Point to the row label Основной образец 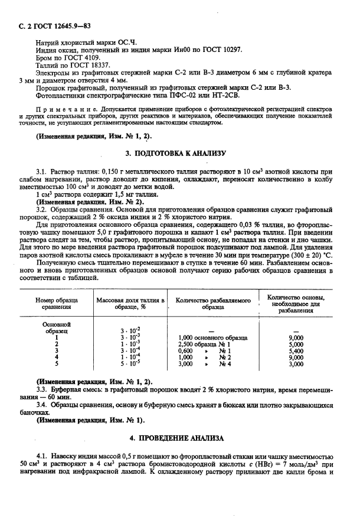pos(57,328)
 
